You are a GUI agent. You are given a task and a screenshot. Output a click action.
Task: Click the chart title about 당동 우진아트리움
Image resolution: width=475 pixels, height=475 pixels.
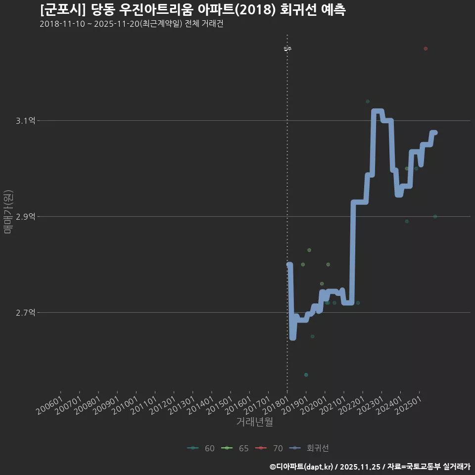tap(193, 10)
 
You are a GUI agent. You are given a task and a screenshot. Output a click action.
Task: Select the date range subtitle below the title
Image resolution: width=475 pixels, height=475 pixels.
tap(131, 24)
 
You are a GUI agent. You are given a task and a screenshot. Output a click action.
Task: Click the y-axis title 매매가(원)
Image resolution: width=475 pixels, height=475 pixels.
tap(8, 211)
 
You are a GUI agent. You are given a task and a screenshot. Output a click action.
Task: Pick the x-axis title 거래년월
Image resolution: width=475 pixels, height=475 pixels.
tap(254, 422)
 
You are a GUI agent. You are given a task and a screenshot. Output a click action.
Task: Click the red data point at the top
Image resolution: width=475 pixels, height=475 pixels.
tap(426, 48)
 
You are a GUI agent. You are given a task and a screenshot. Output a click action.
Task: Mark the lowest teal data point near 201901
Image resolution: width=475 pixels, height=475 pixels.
tap(306, 375)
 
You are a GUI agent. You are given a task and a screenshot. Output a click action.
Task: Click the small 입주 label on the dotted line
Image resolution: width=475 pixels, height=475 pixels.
tap(287, 48)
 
